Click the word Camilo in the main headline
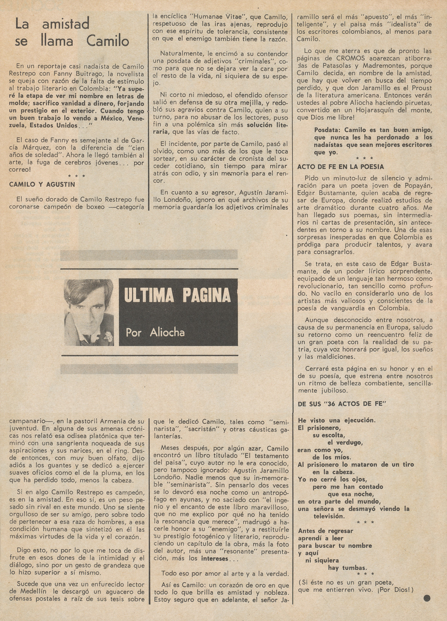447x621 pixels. point(108,41)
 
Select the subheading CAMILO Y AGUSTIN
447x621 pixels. point(42,184)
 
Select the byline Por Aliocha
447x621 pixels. point(155,332)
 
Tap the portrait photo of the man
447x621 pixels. point(89,312)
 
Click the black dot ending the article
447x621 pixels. point(427,598)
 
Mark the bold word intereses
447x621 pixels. point(215,559)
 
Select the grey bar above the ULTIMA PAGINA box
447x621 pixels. point(149,255)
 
